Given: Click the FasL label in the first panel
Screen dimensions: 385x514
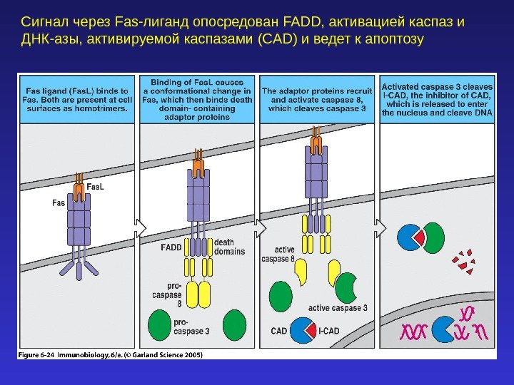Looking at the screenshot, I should click(95, 187).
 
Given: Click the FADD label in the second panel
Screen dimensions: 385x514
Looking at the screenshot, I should click(171, 247).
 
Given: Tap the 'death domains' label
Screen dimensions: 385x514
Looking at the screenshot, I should click(229, 247).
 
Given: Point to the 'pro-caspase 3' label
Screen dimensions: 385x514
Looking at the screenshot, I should click(191, 327).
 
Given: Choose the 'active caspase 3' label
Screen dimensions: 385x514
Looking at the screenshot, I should click(338, 308).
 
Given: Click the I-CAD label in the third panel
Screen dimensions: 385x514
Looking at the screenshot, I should click(328, 331).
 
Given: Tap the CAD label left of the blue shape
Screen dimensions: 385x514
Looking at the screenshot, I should click(279, 331).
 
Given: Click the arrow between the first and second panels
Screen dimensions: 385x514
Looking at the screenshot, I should click(140, 227).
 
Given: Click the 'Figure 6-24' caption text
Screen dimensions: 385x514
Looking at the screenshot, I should click(37, 354).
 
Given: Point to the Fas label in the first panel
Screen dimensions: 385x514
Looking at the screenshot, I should click(59, 202).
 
